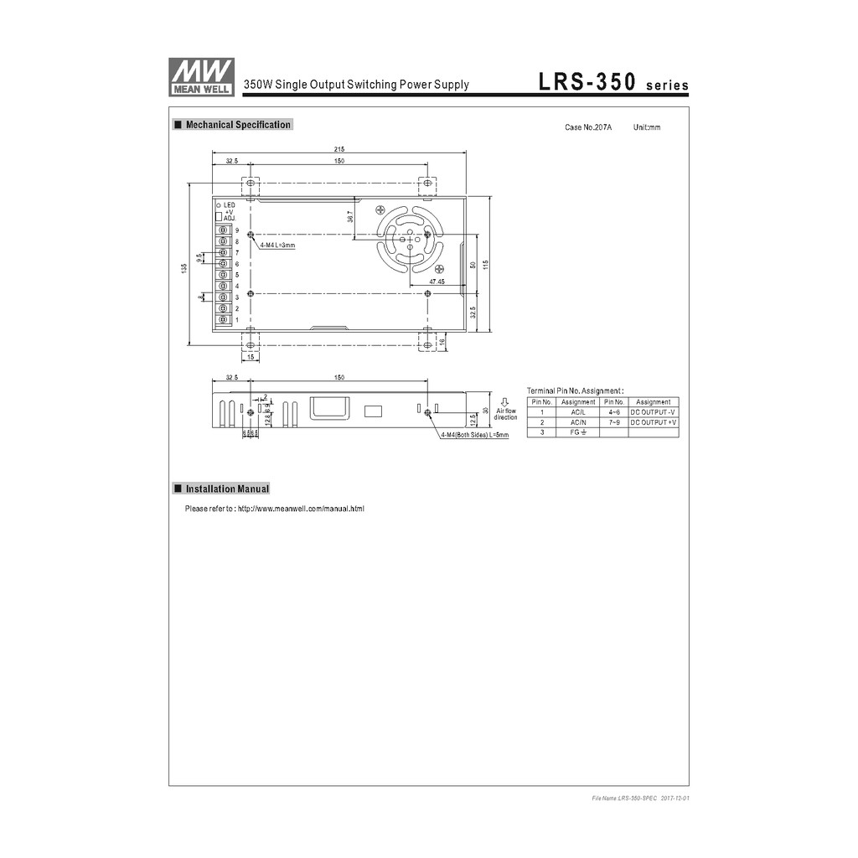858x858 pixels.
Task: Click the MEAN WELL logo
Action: pyautogui.click(x=201, y=76)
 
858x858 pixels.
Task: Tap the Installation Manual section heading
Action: pyautogui.click(x=227, y=488)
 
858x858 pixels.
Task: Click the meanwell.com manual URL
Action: pyautogui.click(x=301, y=509)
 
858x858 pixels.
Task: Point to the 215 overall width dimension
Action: pyautogui.click(x=339, y=149)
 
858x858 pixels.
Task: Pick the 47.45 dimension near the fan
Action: pyautogui.click(x=437, y=282)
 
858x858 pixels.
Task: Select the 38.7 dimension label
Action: pyautogui.click(x=349, y=216)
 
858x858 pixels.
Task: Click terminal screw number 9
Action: pyautogui.click(x=224, y=230)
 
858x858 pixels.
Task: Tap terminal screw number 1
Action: pyautogui.click(x=224, y=319)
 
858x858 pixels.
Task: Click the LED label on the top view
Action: pyautogui.click(x=229, y=204)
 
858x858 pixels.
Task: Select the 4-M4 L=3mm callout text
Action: pyautogui.click(x=277, y=245)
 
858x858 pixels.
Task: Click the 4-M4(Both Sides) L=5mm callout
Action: pyautogui.click(x=474, y=436)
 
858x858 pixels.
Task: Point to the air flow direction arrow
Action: pyautogui.click(x=504, y=401)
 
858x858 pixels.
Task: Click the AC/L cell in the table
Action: pyautogui.click(x=578, y=412)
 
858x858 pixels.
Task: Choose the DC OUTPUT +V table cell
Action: pyautogui.click(x=654, y=422)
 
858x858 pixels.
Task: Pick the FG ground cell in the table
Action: pyautogui.click(x=578, y=432)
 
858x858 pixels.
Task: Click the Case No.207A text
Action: pyautogui.click(x=588, y=127)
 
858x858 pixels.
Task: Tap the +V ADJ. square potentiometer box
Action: pyautogui.click(x=220, y=217)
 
